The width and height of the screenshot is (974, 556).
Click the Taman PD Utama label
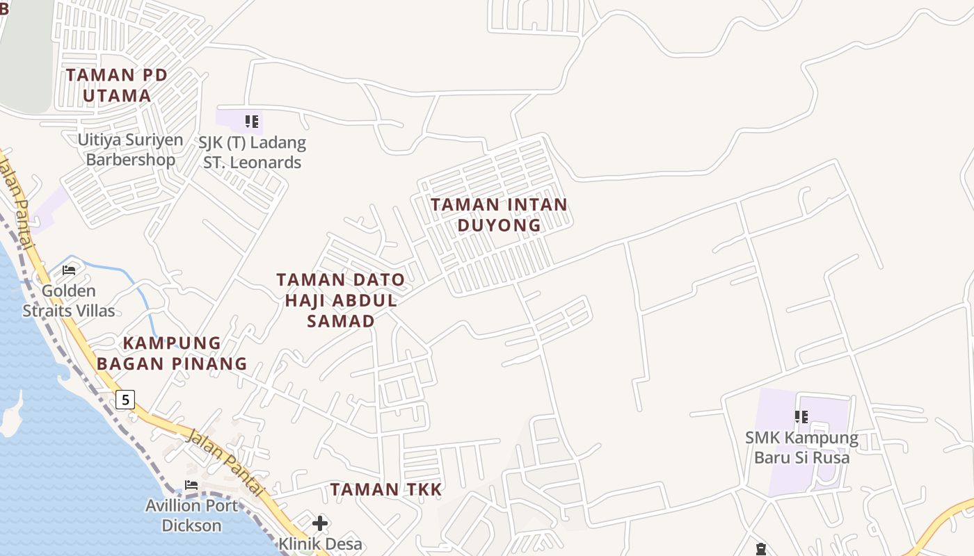[117, 85]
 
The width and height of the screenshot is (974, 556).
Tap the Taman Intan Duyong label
[499, 215]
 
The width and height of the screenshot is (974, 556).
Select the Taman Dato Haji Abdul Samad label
[340, 300]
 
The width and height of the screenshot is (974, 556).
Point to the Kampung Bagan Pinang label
[172, 353]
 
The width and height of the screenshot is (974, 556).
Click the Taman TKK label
[386, 489]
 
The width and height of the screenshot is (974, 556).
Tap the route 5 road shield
[125, 399]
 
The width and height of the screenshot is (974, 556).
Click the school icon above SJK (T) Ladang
[252, 122]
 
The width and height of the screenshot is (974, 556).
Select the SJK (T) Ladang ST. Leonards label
[252, 153]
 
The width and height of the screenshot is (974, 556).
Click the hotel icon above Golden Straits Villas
[69, 270]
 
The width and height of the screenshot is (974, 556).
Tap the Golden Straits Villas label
[69, 300]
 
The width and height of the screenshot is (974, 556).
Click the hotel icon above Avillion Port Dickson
[191, 485]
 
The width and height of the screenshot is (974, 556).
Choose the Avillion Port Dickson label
[191, 515]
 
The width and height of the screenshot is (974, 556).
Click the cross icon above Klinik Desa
[320, 523]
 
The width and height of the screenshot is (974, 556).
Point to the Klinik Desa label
[320, 543]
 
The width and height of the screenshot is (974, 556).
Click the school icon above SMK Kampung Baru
[801, 417]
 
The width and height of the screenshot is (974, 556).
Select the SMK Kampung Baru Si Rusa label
[801, 448]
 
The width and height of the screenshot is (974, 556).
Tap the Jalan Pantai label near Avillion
[226, 462]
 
